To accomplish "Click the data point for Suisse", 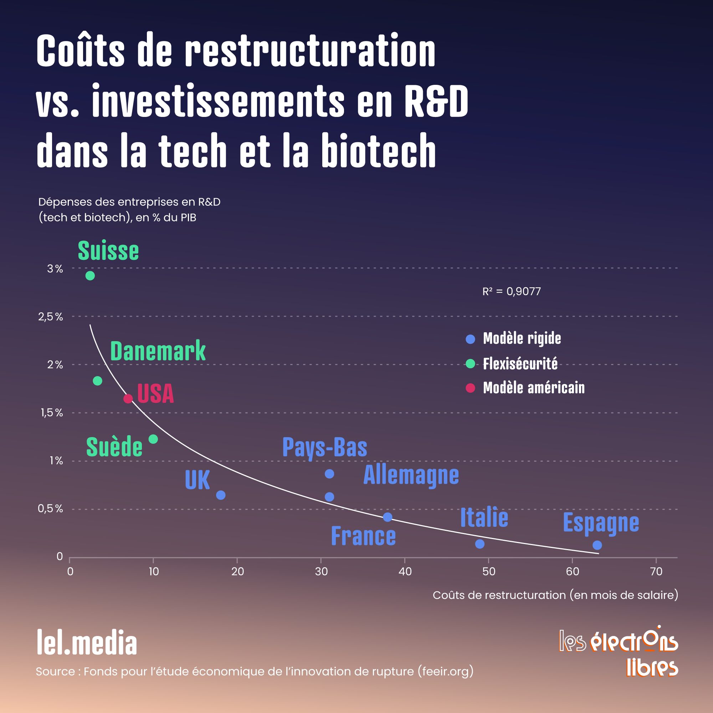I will click(90, 276).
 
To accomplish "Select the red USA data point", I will click(128, 399).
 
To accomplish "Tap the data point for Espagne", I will click(597, 545).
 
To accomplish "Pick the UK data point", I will click(221, 495).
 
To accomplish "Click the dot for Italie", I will click(480, 544).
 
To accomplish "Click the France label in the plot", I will click(363, 536).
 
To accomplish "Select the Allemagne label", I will click(411, 475).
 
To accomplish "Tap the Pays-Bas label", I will click(325, 447).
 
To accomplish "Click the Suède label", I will click(114, 447).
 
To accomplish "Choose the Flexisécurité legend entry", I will click(520, 364).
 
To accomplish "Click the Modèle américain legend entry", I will click(534, 388).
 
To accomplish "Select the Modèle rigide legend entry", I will click(522, 338).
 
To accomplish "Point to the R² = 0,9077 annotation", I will click(512, 292).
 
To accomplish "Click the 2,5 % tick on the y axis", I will click(51, 317).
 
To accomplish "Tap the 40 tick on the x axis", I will click(405, 572).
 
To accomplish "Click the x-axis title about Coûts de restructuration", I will click(555, 595).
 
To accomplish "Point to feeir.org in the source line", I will click(445, 671).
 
